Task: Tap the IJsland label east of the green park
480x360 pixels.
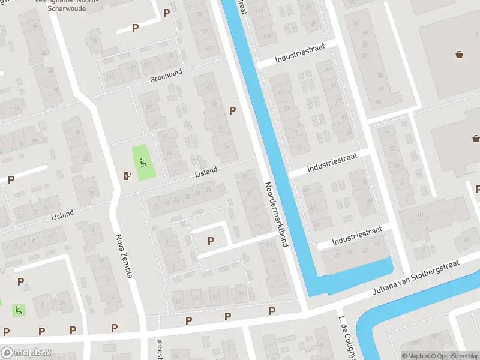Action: (206, 171)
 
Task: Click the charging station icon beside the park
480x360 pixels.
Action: (127, 176)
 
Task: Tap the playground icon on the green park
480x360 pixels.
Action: (143, 161)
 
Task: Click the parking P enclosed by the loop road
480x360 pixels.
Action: (211, 241)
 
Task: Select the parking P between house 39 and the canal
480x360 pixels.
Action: (232, 110)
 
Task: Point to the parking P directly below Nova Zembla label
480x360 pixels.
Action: (114, 328)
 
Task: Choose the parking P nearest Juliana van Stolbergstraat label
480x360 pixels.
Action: (272, 311)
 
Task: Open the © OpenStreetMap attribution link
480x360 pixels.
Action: (454, 356)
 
